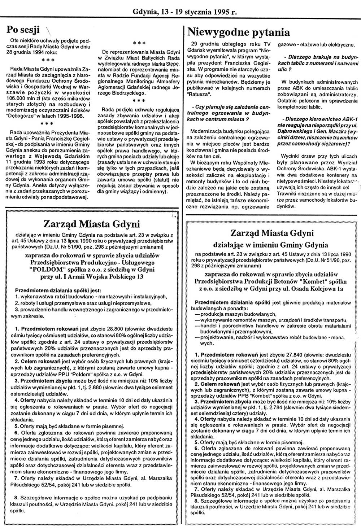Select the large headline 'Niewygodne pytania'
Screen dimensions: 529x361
pyautogui.click(x=239, y=32)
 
